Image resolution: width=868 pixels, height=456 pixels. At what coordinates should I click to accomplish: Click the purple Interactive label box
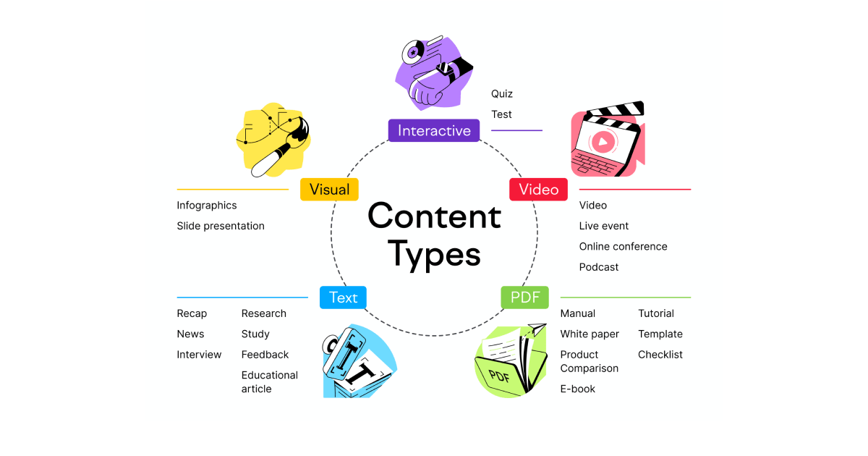(x=434, y=131)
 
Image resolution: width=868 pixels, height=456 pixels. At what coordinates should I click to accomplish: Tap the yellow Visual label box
(x=329, y=189)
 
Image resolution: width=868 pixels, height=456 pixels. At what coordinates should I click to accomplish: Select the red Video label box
(x=539, y=189)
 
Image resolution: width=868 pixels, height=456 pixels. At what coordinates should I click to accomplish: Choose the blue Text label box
(x=343, y=297)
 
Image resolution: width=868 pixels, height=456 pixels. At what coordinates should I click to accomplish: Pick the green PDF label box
(x=524, y=297)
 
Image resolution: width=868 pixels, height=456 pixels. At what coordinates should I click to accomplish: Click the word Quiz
(x=502, y=94)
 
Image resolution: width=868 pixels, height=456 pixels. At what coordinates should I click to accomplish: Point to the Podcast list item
(x=599, y=267)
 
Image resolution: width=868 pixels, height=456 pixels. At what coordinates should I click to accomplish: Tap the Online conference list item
(x=623, y=247)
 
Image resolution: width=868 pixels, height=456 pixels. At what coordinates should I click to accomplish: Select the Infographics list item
(x=207, y=206)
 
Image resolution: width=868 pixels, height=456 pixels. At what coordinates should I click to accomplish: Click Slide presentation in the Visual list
(x=221, y=226)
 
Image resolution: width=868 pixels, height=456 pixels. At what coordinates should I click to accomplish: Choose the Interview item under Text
(x=199, y=355)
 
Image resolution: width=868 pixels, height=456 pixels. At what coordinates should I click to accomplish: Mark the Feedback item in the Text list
(x=265, y=355)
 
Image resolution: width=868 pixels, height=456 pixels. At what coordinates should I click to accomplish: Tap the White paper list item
(x=590, y=334)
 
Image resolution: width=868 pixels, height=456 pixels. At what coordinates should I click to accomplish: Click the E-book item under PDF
(x=578, y=389)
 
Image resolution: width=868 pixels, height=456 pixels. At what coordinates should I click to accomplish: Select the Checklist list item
(x=660, y=355)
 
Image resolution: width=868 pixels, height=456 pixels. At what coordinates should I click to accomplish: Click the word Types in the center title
(x=434, y=254)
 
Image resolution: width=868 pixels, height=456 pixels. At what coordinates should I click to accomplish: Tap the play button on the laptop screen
(x=602, y=142)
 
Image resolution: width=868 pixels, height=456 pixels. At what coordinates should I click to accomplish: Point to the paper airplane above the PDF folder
(x=537, y=329)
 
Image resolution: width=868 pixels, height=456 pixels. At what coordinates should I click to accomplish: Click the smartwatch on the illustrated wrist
(x=446, y=70)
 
